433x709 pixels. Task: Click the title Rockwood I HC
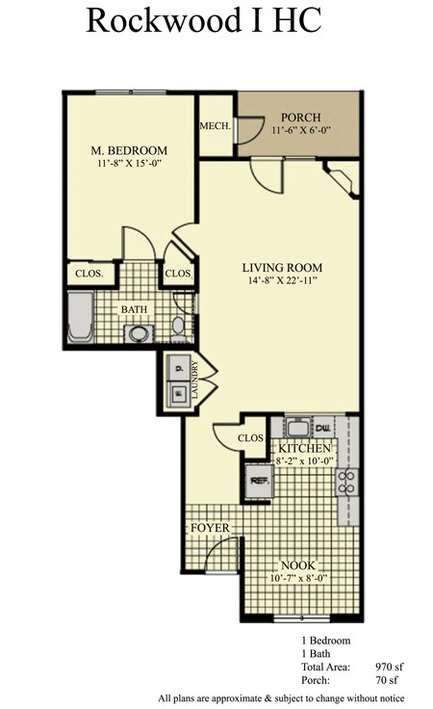point(203,20)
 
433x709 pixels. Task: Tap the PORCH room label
point(299,117)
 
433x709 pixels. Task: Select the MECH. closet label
point(214,126)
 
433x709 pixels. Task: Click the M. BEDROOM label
point(129,151)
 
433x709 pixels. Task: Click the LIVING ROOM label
point(281,268)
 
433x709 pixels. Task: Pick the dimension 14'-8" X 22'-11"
point(281,282)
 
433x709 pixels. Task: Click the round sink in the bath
point(139,334)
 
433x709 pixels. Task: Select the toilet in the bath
point(179,326)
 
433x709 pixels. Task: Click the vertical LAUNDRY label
point(194,381)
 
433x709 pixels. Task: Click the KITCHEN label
point(305,449)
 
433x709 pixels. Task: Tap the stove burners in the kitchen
point(347,480)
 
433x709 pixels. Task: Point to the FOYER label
point(209,528)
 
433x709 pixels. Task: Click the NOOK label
point(298,565)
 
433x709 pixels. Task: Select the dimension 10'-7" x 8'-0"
point(298,579)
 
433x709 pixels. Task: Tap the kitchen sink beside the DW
point(296,427)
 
